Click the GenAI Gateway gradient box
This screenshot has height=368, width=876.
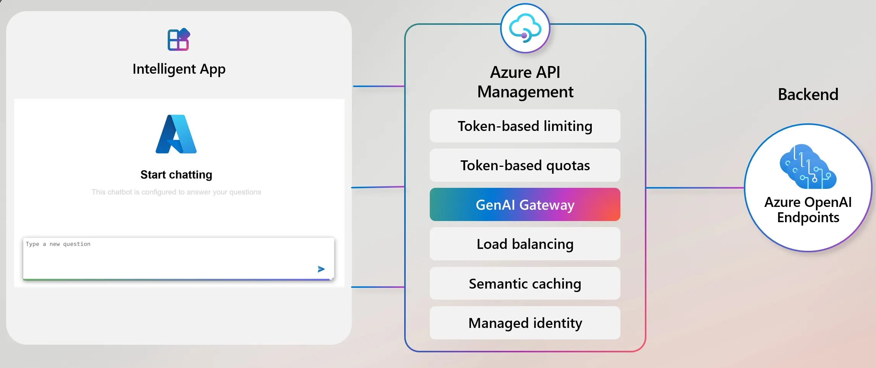pyautogui.click(x=525, y=205)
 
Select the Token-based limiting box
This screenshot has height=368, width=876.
pyautogui.click(x=525, y=126)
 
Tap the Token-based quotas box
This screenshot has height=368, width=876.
pyautogui.click(x=525, y=165)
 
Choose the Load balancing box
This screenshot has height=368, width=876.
pyautogui.click(x=525, y=244)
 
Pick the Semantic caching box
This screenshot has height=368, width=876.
pyautogui.click(x=525, y=284)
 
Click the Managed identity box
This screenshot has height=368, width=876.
pyautogui.click(x=525, y=323)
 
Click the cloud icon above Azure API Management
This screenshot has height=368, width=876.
pyautogui.click(x=525, y=28)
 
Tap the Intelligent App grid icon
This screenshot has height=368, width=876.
pyautogui.click(x=178, y=40)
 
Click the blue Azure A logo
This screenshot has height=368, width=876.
pyautogui.click(x=176, y=134)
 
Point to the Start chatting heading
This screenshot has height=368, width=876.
pyautogui.click(x=176, y=175)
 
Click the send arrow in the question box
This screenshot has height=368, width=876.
pyautogui.click(x=321, y=269)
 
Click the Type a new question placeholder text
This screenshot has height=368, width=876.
pyautogui.click(x=58, y=244)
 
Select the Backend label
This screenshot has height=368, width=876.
pyautogui.click(x=808, y=94)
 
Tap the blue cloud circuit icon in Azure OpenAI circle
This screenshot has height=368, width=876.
pyautogui.click(x=808, y=167)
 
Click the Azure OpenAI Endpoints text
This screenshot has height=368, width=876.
pyautogui.click(x=808, y=210)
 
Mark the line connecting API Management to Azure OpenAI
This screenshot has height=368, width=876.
pyautogui.click(x=695, y=187)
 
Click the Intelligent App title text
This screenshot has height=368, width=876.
pyautogui.click(x=179, y=69)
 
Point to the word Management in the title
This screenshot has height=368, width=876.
pyautogui.click(x=525, y=92)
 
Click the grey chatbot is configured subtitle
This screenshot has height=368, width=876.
pyautogui.click(x=176, y=192)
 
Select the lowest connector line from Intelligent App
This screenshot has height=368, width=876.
pyautogui.click(x=378, y=287)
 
